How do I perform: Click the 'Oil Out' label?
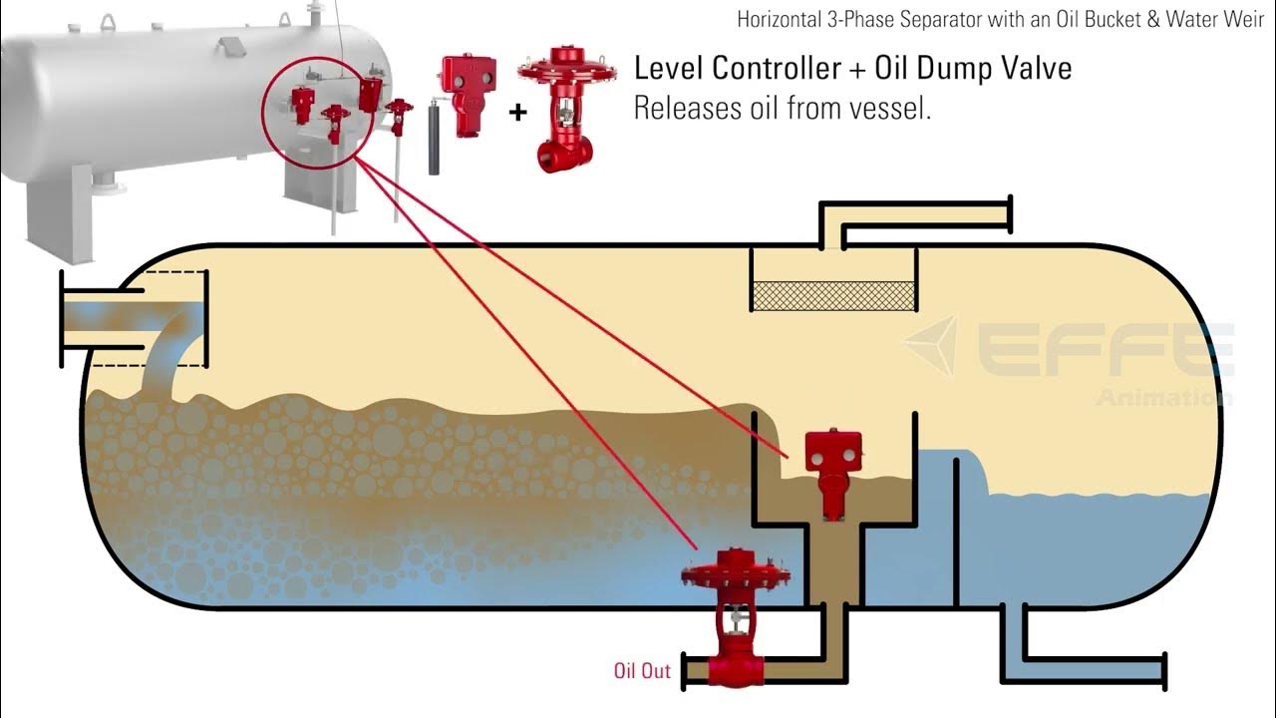[x=642, y=671]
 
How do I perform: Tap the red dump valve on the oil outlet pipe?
[x=734, y=613]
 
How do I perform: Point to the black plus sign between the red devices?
[x=517, y=112]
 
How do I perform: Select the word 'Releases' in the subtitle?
[x=683, y=108]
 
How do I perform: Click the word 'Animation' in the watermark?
[x=1163, y=398]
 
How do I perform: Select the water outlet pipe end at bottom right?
[x=1164, y=670]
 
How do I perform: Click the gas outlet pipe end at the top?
[x=1010, y=215]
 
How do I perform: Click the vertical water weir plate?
[x=955, y=529]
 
